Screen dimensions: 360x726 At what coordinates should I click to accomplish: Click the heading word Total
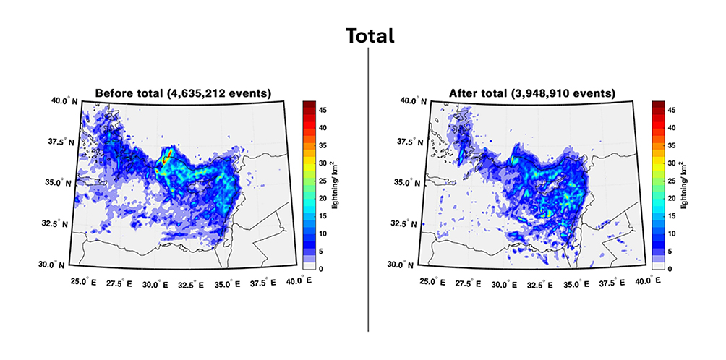click(370, 36)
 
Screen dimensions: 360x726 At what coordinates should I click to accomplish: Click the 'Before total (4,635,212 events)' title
click(183, 93)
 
